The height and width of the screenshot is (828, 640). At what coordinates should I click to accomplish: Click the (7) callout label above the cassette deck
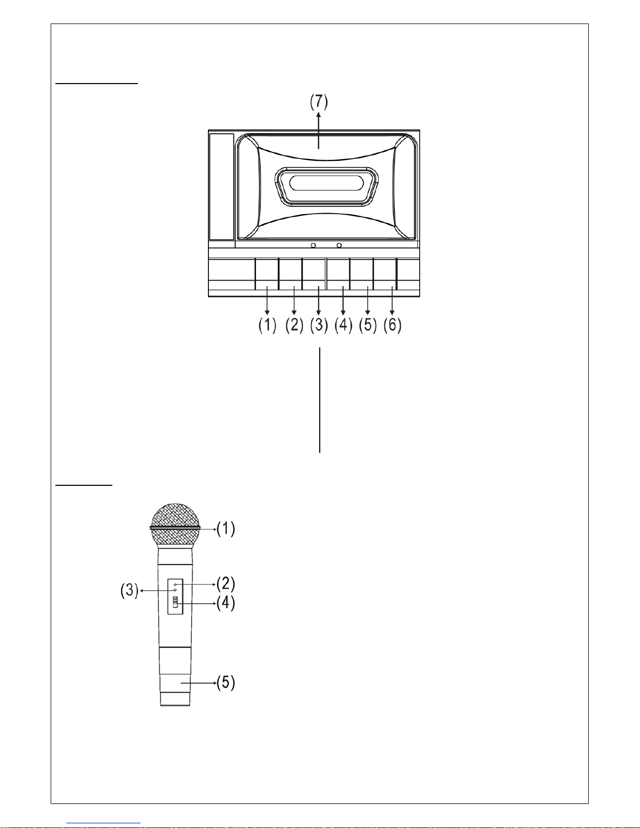(x=319, y=101)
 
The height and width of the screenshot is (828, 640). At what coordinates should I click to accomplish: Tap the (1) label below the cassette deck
(x=267, y=325)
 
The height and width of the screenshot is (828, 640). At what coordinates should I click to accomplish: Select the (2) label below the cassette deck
(x=295, y=325)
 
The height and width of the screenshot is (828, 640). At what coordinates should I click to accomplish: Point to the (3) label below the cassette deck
(x=319, y=325)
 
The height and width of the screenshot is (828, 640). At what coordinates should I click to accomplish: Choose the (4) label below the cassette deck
(x=343, y=325)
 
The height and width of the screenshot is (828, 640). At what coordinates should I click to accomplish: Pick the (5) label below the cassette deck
(x=368, y=325)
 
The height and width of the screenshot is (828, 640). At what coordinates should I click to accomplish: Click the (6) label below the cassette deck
(x=392, y=325)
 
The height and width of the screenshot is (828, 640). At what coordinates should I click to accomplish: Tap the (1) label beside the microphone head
(x=226, y=529)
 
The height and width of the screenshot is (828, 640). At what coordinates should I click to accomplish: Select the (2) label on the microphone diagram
(x=226, y=584)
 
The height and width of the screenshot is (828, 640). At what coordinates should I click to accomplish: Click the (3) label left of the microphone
(x=130, y=590)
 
